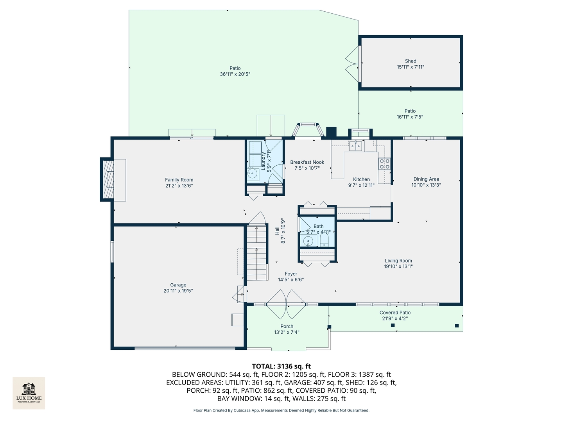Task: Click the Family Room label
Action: click(179, 180)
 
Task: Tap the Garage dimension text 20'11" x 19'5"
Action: click(178, 291)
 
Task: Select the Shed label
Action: click(411, 61)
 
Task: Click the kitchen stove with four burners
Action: click(384, 164)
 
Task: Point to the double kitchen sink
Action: click(355, 147)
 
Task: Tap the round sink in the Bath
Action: click(308, 241)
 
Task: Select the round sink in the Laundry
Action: click(253, 174)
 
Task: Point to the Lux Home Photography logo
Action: click(29, 393)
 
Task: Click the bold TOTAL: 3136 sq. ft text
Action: click(281, 366)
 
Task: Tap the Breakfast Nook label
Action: click(307, 162)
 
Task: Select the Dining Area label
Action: click(426, 179)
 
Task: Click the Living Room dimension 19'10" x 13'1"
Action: click(398, 266)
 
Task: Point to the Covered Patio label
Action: click(395, 313)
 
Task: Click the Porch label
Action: click(287, 326)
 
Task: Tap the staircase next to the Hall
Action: click(257, 252)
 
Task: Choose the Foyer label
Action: click(291, 274)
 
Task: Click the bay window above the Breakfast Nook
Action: click(308, 130)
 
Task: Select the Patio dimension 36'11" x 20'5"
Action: click(235, 74)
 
